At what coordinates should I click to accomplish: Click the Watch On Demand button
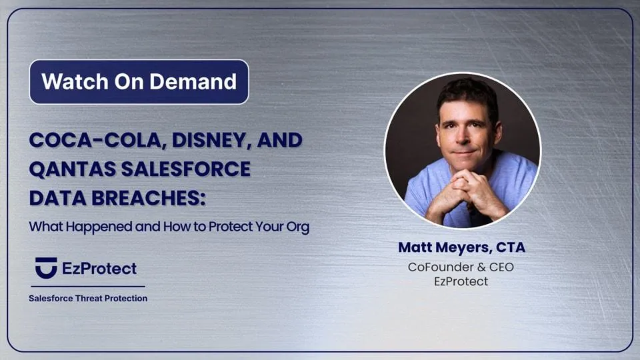coord(139,81)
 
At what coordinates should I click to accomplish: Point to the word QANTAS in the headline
coord(72,169)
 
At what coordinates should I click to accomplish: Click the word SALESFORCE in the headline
coord(186,169)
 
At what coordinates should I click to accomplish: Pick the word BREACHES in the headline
coord(148,199)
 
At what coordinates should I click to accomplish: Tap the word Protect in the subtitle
coord(231,227)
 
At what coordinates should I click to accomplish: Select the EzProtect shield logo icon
coord(46,268)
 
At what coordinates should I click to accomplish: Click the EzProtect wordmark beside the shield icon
coord(99,269)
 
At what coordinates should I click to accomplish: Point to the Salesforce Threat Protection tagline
coord(88,299)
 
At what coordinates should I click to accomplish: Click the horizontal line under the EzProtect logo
coord(88,287)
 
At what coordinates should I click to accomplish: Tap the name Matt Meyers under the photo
coord(445,247)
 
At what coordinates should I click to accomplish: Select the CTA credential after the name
coord(511,247)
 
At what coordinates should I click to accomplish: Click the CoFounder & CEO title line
coord(461,267)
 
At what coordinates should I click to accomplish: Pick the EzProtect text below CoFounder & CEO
coord(461,281)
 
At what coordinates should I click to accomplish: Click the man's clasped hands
coord(465,192)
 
